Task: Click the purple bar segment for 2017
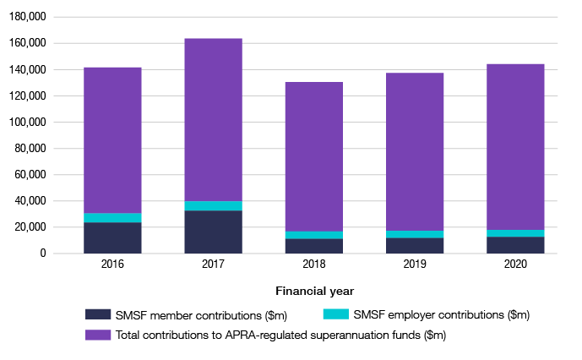point(213,119)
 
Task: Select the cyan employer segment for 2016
point(112,217)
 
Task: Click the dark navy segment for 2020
point(515,244)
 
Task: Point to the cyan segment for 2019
point(415,234)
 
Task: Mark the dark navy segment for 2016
point(112,237)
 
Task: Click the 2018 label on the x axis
point(314,265)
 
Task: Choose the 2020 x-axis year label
point(515,265)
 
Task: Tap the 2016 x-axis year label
point(112,265)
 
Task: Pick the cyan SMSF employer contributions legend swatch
point(336,314)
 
